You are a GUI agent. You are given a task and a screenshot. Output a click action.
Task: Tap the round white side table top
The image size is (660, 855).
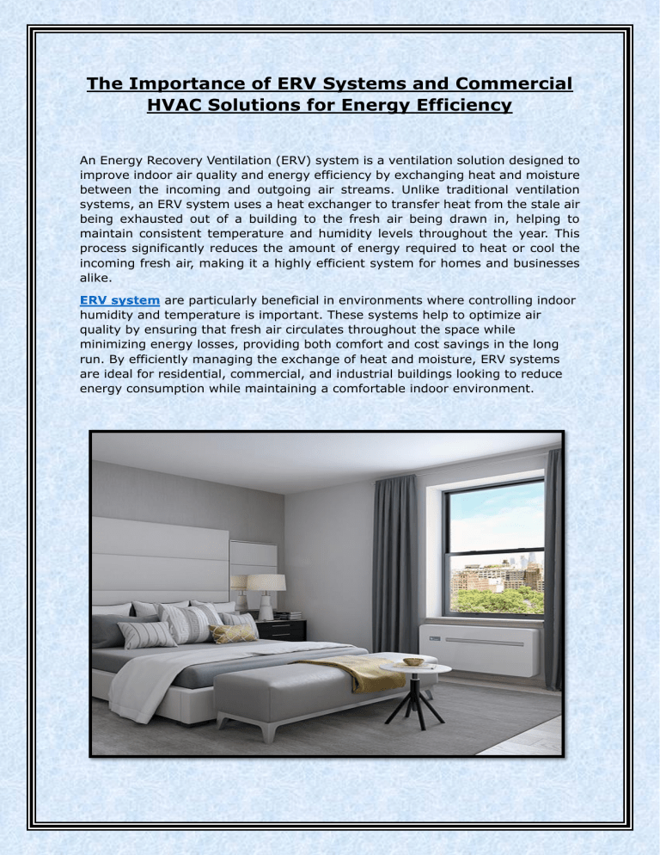[408, 667]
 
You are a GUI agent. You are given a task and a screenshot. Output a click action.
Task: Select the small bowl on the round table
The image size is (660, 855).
[413, 661]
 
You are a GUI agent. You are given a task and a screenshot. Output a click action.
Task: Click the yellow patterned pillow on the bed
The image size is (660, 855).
[233, 633]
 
